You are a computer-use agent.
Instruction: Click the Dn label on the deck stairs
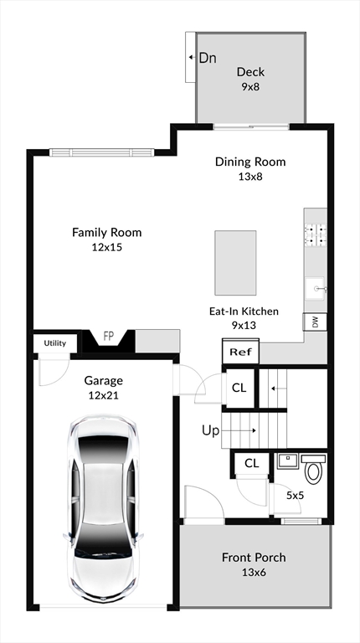coord(208,58)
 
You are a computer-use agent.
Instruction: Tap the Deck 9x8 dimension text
coord(250,87)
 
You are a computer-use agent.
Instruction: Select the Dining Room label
coord(250,162)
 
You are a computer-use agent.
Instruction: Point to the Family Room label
coord(107,233)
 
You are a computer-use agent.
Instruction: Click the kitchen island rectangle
coord(235,262)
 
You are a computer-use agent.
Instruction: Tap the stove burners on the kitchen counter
coord(315,234)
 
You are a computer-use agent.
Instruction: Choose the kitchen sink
coord(316,289)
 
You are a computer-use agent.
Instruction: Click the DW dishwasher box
coord(315,321)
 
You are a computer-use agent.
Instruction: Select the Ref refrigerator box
coord(240,352)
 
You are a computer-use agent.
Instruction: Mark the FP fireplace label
coord(109,337)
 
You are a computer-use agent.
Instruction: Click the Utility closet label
coord(55,343)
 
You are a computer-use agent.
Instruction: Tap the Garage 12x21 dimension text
coord(103,395)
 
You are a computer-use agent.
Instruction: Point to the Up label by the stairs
coord(210,430)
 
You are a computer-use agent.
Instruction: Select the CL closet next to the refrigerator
coord(239,388)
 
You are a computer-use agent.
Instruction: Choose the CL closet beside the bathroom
coord(251,463)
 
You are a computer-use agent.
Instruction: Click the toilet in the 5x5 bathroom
coord(314,467)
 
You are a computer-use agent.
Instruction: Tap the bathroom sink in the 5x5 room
coord(287,461)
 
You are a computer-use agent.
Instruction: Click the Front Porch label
coord(254,558)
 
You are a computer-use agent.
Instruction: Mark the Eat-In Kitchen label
coord(244,311)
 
